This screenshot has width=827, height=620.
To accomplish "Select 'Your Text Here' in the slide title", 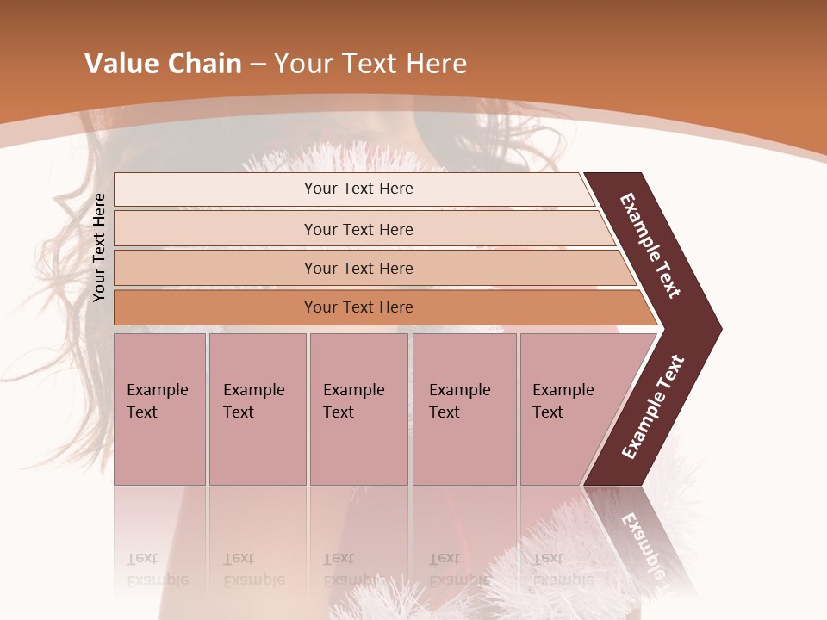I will coord(370,64).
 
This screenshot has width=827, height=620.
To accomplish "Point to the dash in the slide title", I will coord(258,65).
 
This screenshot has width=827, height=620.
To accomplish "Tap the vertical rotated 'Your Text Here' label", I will coord(99,247).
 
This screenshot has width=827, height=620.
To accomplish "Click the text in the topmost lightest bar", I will coord(358,189).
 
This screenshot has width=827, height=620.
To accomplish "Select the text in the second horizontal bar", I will coord(358,229).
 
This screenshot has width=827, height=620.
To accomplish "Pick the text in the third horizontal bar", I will coord(358,268).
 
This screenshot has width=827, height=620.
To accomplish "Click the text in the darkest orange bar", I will coord(358,307).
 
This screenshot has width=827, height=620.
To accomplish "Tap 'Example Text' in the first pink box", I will coord(157,401).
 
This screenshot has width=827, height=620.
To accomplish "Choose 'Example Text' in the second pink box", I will coord(253,401).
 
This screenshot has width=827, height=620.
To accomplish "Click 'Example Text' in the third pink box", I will coord(353,401).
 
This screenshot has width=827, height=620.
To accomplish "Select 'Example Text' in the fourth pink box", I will coord(459,401).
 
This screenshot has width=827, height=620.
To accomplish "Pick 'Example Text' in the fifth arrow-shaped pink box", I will coord(563,401).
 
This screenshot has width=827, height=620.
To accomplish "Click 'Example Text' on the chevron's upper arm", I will coord(650,245).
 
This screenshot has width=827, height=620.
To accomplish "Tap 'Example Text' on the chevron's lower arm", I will coord(653,406).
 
